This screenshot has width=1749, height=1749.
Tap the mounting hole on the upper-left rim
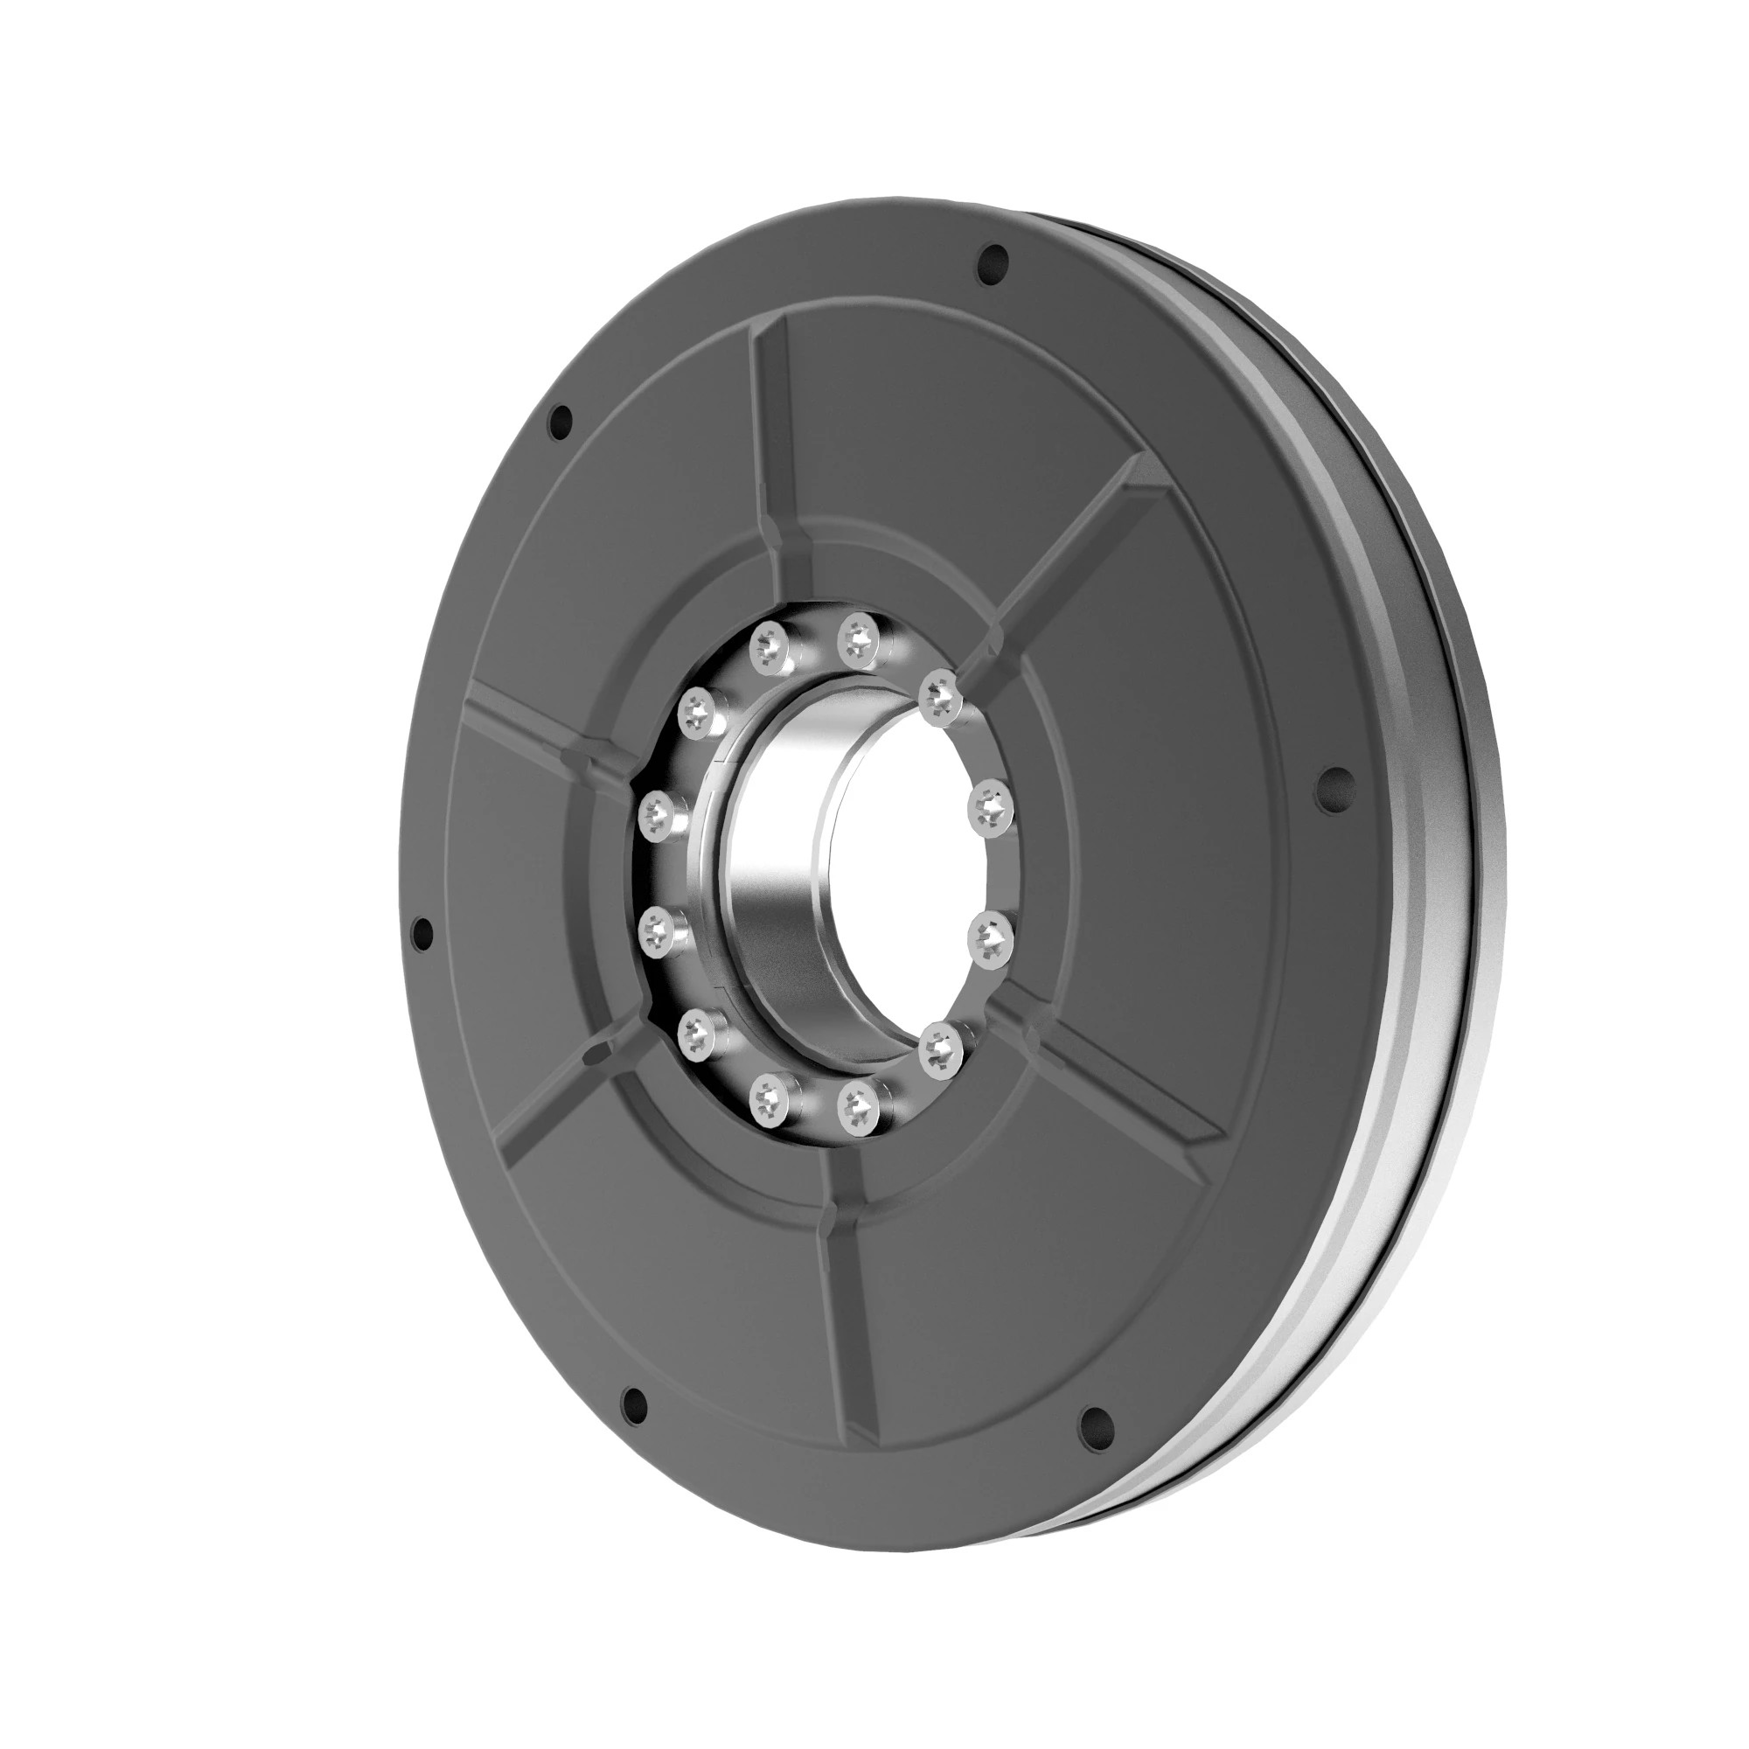(561, 419)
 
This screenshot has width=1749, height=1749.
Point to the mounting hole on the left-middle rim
(420, 932)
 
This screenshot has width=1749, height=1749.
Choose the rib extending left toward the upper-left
(534, 724)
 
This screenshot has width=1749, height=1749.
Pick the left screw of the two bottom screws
(771, 1098)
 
